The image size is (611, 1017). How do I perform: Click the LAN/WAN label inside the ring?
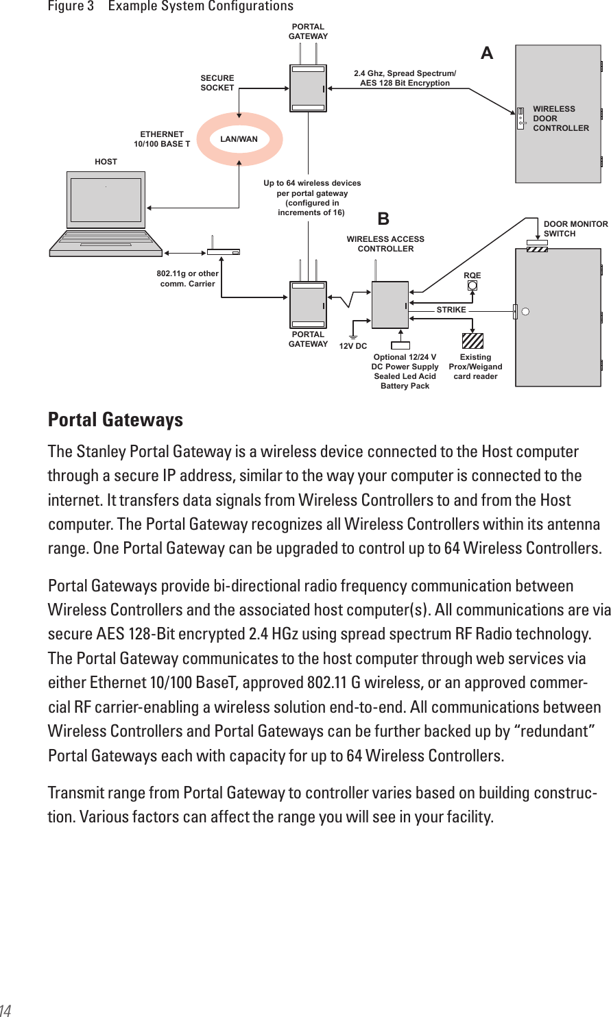239,139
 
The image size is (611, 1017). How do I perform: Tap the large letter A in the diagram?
487,53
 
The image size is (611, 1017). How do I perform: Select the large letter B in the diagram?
383,219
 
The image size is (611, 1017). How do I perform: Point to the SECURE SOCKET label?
217,83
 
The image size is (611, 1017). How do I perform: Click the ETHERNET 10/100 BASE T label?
162,139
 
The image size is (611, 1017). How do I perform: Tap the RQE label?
472,275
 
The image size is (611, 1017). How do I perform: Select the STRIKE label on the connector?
451,310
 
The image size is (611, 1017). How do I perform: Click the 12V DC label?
353,347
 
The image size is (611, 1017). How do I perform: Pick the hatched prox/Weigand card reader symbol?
472,341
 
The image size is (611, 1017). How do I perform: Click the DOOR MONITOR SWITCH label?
575,229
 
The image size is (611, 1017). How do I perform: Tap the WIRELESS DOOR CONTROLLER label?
560,119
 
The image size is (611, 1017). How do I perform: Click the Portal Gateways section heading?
115,419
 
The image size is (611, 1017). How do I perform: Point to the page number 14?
5,1009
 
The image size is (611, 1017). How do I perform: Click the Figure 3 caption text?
170,7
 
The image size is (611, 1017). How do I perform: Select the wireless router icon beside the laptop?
224,251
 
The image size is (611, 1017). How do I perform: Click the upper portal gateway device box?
308,88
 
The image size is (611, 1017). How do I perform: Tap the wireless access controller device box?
390,304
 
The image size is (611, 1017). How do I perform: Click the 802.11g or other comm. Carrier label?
187,278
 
